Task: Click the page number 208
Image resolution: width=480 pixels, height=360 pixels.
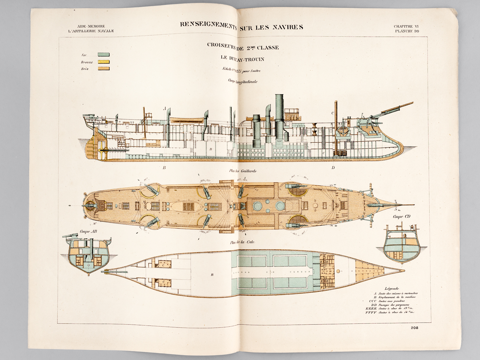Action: pyautogui.click(x=415, y=328)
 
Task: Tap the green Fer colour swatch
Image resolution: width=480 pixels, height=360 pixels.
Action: pyautogui.click(x=103, y=55)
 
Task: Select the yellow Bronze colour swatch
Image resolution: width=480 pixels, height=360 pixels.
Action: pyautogui.click(x=103, y=62)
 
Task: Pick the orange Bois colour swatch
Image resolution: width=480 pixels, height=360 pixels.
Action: pyautogui.click(x=103, y=69)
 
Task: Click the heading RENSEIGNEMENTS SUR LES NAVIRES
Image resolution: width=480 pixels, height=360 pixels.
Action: pyautogui.click(x=241, y=26)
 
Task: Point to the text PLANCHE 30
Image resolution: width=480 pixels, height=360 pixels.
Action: pyautogui.click(x=407, y=31)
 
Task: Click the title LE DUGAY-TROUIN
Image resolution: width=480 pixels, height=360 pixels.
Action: pyautogui.click(x=242, y=59)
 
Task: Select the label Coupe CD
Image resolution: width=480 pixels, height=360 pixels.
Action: pyautogui.click(x=401, y=217)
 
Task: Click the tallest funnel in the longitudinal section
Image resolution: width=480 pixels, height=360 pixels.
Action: pyautogui.click(x=279, y=120)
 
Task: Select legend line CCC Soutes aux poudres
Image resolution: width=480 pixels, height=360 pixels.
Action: pyautogui.click(x=387, y=301)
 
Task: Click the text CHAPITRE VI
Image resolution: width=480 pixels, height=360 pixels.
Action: pyautogui.click(x=406, y=26)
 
